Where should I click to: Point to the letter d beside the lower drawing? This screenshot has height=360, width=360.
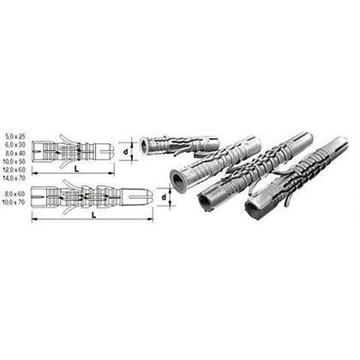[169, 201]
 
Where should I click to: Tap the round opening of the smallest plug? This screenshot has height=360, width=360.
[146, 142]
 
